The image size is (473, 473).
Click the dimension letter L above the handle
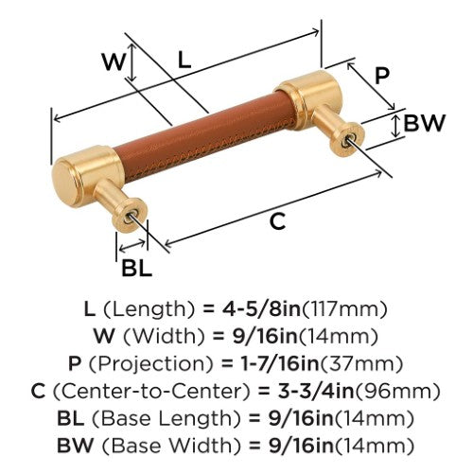(x=184, y=60)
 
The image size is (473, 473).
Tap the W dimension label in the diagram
(x=114, y=61)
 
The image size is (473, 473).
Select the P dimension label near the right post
(x=382, y=76)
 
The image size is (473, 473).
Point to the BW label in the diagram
(x=424, y=123)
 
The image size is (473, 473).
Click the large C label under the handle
(x=277, y=220)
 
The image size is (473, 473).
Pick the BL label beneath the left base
(x=136, y=268)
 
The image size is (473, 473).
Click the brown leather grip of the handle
(x=205, y=134)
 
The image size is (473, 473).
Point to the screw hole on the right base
(x=349, y=139)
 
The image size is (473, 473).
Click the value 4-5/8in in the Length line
(x=262, y=309)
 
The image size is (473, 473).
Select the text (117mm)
(x=344, y=309)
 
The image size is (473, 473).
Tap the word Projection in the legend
(x=151, y=364)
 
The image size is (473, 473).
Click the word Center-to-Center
(x=151, y=392)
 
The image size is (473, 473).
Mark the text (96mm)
(x=397, y=392)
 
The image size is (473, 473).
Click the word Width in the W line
(x=164, y=337)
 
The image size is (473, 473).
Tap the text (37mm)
(x=361, y=364)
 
